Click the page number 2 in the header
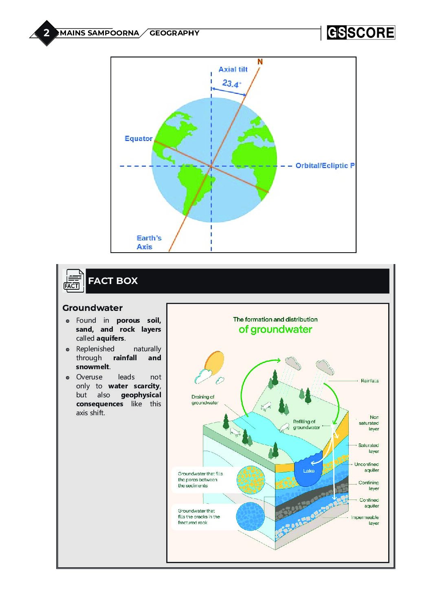coord(46,33)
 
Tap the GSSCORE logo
coord(361,33)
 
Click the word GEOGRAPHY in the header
coord(174,33)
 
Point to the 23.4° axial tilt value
coord(231,84)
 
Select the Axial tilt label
coord(233,69)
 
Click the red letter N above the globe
coord(260,62)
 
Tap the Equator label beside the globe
coord(139,139)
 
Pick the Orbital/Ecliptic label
coord(325,165)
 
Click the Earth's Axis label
coord(149,242)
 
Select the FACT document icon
coord(74,281)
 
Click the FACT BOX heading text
coord(113,281)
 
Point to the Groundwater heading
coord(92,308)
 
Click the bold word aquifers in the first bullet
coord(110,338)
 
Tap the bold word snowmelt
coord(92,367)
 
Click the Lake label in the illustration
coord(309,471)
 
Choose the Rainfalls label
coord(369,381)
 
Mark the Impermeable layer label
coord(365,520)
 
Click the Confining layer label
coord(369,485)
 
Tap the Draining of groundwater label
coord(205,400)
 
